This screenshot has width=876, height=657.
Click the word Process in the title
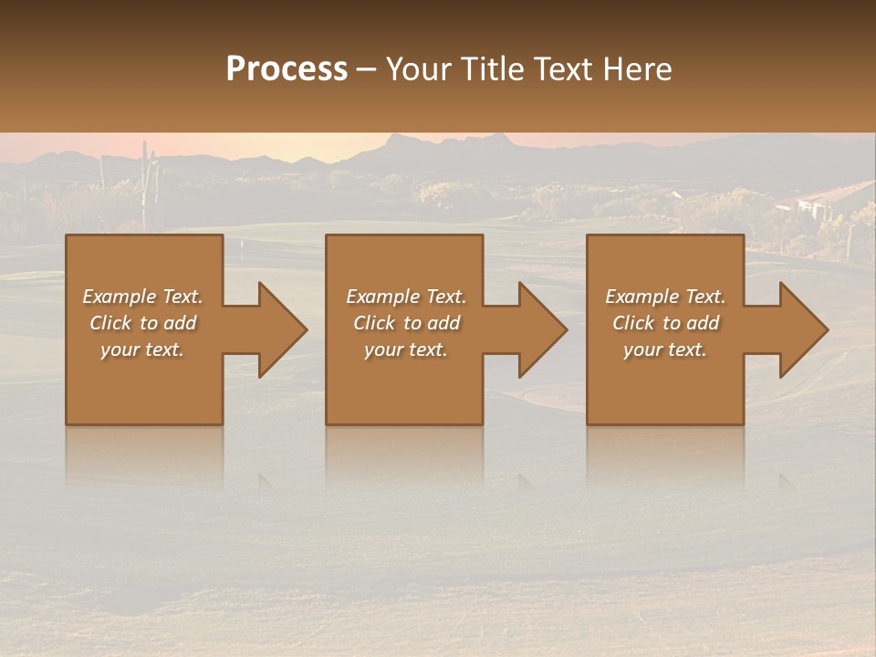pos(287,69)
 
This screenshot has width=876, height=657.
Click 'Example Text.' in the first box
pos(142,297)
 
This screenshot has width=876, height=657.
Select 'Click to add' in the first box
pos(142,323)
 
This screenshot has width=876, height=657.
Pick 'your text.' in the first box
pos(142,349)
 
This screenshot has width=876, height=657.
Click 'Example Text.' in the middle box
pos(406,297)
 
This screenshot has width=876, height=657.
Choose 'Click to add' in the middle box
pos(406,323)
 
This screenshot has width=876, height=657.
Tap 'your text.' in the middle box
pos(406,349)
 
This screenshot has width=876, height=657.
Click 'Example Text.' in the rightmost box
pos(665,297)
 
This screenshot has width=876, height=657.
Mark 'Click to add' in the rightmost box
pos(665,323)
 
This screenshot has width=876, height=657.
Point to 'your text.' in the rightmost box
pos(665,349)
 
